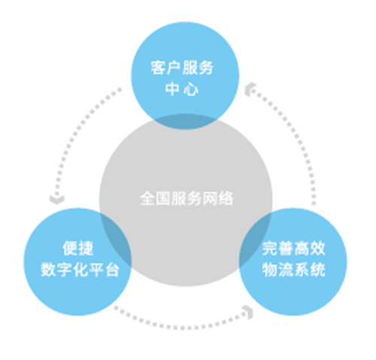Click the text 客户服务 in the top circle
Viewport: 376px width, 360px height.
pos(182,68)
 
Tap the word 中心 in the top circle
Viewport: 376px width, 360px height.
pos(182,89)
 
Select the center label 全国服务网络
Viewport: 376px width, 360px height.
pos(186,198)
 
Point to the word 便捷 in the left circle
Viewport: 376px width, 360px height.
pos(78,248)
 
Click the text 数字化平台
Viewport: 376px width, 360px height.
pos(80,270)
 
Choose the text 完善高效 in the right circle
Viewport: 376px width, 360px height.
pos(294,248)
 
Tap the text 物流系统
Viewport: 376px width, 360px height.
pos(294,270)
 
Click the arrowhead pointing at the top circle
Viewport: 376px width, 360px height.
pos(250,89)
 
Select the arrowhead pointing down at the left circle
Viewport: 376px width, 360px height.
pos(57,199)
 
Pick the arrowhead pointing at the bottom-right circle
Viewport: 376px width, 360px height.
pos(249,312)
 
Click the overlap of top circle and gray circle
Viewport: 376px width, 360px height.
pos(185,122)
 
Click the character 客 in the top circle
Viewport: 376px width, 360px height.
pos(159,68)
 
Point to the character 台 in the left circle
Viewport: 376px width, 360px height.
pos(112,270)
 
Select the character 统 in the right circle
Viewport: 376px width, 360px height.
pos(318,270)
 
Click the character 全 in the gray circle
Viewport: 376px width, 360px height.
pos(147,198)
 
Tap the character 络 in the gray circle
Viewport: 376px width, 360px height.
pos(226,198)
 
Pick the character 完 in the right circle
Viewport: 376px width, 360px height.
pos(270,248)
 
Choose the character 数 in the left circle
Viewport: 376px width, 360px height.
pos(48,270)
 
